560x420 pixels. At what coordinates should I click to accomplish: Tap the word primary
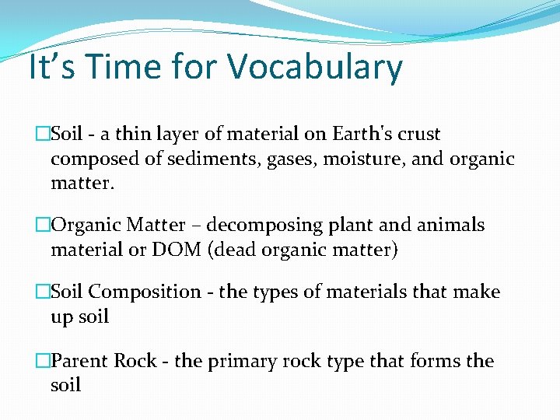[x=252, y=362]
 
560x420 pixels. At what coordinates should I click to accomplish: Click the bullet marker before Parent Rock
[x=42, y=361]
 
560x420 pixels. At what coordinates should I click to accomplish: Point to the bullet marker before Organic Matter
[x=42, y=226]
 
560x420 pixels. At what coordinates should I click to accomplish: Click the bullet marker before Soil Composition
[x=42, y=292]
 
